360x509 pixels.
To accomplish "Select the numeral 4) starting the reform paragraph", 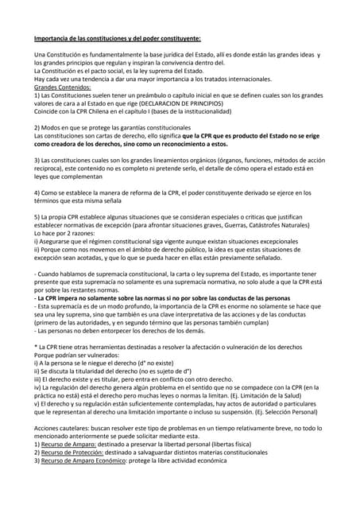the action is (x=38, y=192).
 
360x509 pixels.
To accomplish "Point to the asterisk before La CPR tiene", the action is (x=36, y=348).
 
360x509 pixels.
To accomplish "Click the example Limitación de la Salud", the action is (x=271, y=397).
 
